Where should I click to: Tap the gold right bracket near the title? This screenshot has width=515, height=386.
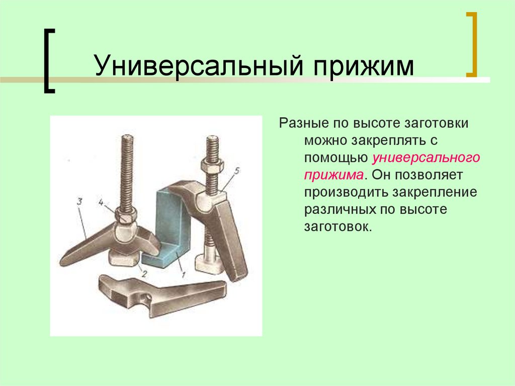coord(471,45)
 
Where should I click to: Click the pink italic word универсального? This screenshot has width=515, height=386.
coord(426,158)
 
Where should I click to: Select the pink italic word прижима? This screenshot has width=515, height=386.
coord(333,175)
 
